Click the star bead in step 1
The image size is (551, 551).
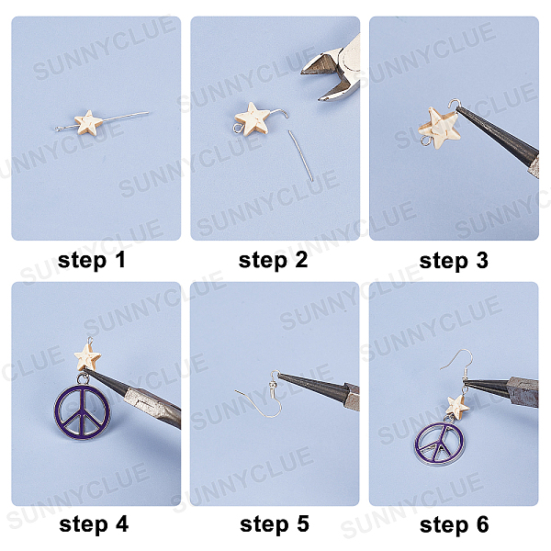click(88, 123)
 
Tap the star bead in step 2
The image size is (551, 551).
click(253, 119)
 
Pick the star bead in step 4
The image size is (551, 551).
click(87, 356)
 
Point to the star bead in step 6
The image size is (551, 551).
click(458, 408)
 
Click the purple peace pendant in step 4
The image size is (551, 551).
click(82, 410)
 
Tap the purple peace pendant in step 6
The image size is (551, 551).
click(439, 442)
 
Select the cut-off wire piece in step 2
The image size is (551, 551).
click(301, 156)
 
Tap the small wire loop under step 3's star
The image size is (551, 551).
click(426, 141)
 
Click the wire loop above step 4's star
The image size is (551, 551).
click(90, 341)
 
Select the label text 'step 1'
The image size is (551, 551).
click(91, 261)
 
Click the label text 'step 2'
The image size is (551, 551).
click(273, 261)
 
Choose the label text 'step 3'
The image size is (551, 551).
click(454, 261)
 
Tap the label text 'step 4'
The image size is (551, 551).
click(94, 524)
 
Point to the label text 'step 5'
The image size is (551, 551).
click(275, 524)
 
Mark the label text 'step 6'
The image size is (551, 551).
click(454, 524)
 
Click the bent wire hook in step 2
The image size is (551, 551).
click(280, 111)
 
